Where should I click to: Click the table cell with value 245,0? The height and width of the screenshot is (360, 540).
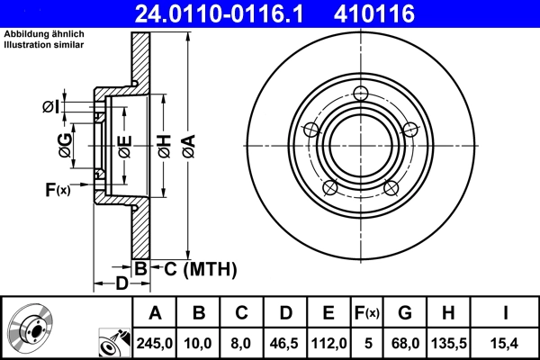(x=155, y=341)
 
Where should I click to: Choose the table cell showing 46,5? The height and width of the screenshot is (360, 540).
(x=285, y=341)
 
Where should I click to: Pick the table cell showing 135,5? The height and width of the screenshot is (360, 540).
(x=449, y=341)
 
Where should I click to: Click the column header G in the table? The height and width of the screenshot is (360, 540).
(x=405, y=313)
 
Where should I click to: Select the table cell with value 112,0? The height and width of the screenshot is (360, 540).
(x=328, y=341)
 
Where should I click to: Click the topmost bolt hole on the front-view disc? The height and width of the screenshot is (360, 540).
(x=361, y=94)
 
